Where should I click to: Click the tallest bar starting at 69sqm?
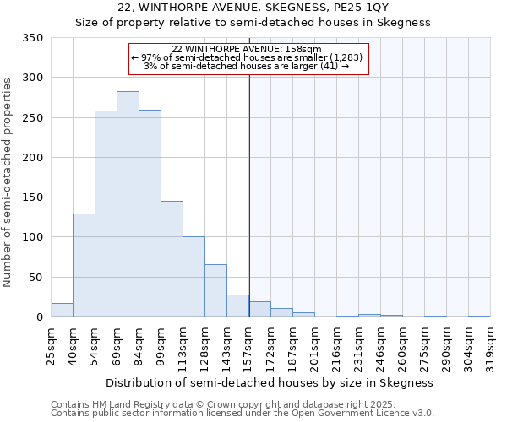click(128, 204)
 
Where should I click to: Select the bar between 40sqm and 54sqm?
click(84, 265)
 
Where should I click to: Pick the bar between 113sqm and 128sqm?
click(194, 277)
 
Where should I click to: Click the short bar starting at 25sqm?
click(62, 310)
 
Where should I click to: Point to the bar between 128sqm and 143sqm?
click(215, 291)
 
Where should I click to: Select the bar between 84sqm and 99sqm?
click(150, 214)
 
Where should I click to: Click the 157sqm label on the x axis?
click(248, 345)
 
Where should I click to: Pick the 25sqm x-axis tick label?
click(51, 345)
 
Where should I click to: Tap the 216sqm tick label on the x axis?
click(336, 345)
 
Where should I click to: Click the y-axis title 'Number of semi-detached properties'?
click(8, 181)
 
